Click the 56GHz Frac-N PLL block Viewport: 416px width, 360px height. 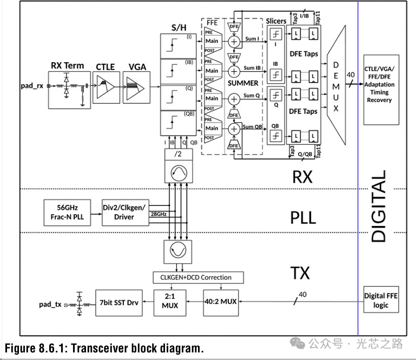pyautogui.click(x=68, y=212)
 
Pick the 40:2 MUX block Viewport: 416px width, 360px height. pyautogui.click(x=221, y=301)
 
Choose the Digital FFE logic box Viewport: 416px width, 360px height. pyautogui.click(x=383, y=301)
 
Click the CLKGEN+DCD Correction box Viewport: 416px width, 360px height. pyautogui.click(x=199, y=277)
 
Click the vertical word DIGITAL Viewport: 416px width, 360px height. pyautogui.click(x=379, y=206)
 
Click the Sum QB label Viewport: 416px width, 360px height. pyautogui.click(x=253, y=127)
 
